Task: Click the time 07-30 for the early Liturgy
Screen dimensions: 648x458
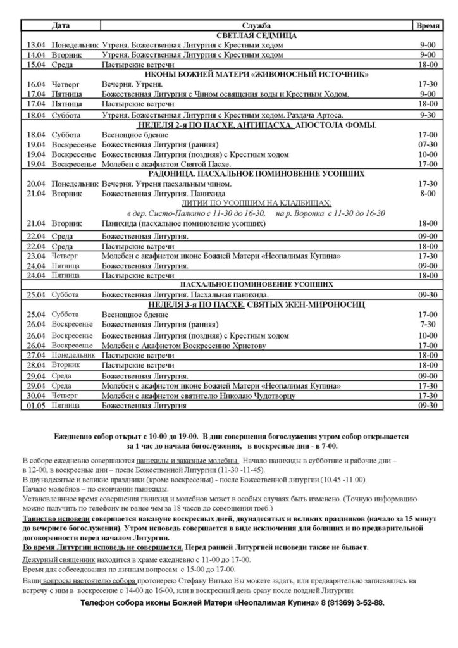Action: tap(428, 144)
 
